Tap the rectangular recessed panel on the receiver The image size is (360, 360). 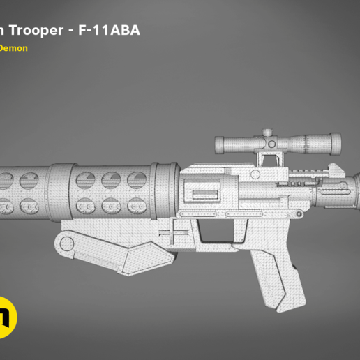point(203,193)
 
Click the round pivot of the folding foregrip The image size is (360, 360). point(65,244)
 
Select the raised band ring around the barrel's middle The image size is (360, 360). point(61,190)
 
